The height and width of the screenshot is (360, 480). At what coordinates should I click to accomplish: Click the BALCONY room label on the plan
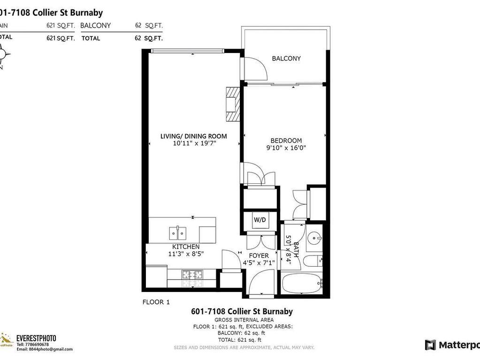pos(286,59)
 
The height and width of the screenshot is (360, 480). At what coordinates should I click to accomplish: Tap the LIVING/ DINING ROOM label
pos(193,136)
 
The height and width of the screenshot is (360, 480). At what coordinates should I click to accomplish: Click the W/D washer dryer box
pos(259,219)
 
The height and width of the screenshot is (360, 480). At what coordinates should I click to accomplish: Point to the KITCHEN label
pos(186,247)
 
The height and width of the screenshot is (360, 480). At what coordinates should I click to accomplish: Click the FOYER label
pos(259,255)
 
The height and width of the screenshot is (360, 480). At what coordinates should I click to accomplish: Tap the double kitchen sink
pos(177,232)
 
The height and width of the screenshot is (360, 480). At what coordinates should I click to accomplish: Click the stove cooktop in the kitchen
pos(192,275)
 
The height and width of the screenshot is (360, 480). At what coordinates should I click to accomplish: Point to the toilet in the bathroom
pos(312,261)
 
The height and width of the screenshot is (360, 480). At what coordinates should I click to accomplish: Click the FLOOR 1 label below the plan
pos(156,302)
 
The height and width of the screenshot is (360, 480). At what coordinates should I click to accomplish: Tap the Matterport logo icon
pos(430,345)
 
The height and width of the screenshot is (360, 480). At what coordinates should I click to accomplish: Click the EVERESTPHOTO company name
pos(37,337)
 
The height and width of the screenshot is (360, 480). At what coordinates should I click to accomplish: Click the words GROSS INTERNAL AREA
pos(242,320)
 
